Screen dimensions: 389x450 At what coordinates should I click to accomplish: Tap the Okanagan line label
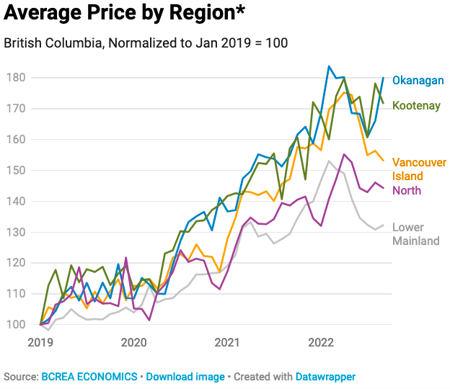coord(423,81)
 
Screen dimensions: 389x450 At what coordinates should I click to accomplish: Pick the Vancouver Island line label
coord(419,170)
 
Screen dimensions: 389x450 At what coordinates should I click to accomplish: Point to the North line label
coord(407,191)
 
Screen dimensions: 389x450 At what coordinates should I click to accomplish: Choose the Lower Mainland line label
coord(415,234)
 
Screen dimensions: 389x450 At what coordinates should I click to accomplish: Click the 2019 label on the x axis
coord(40,342)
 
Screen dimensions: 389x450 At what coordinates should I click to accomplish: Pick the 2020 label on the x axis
coord(133,342)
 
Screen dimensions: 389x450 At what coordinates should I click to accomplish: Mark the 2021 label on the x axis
coord(226,342)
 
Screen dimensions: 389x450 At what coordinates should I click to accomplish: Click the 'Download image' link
coord(183,377)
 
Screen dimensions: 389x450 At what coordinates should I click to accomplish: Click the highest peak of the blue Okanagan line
coord(329,66)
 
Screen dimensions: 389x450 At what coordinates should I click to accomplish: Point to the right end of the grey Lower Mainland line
coord(383,225)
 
